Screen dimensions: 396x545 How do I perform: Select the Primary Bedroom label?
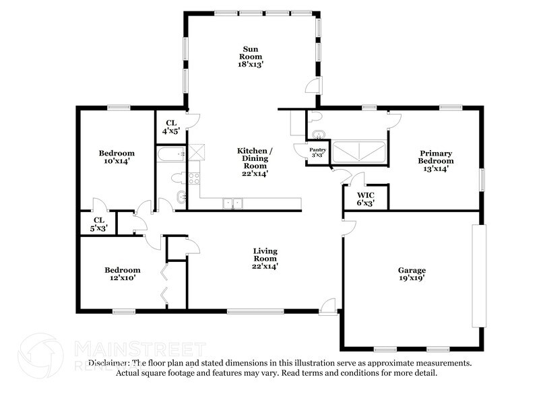435,161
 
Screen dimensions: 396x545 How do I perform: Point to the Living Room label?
265,259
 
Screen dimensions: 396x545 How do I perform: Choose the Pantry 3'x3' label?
317,152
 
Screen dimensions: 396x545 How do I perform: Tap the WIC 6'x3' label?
366,199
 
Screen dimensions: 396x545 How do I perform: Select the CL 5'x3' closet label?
98,224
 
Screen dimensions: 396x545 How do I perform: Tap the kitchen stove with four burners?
193,178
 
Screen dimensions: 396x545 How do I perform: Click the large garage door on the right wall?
478,276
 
